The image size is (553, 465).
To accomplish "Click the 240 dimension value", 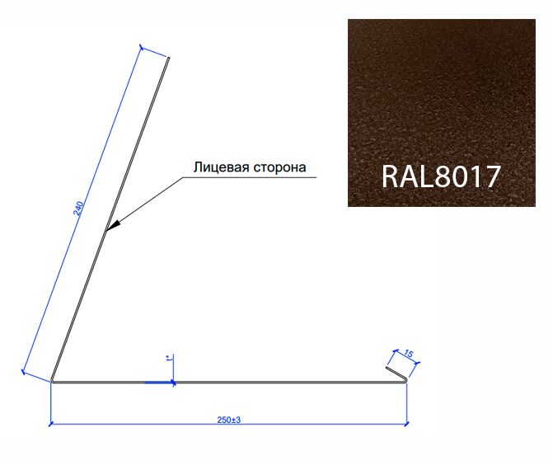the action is pyautogui.click(x=78, y=208).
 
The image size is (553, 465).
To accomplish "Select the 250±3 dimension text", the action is pyautogui.click(x=229, y=420).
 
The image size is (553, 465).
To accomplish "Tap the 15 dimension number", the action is pyautogui.click(x=409, y=353).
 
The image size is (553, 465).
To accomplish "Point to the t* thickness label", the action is pyautogui.click(x=169, y=359).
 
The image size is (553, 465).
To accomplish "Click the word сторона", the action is pyautogui.click(x=279, y=167).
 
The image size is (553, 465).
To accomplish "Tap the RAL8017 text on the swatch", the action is pyautogui.click(x=441, y=176).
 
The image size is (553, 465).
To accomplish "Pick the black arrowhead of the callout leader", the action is pyautogui.click(x=113, y=226).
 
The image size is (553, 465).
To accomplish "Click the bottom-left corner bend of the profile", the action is pyautogui.click(x=52, y=380).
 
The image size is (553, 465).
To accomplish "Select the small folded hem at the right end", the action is pyautogui.click(x=396, y=374).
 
